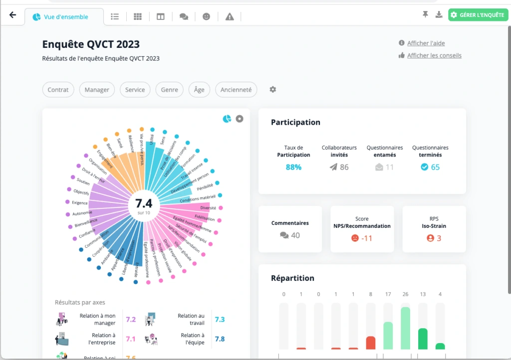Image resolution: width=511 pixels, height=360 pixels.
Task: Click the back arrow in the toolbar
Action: click(13, 15)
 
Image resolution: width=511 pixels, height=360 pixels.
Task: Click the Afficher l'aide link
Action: click(426, 43)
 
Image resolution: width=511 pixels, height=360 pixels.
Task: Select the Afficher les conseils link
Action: click(434, 55)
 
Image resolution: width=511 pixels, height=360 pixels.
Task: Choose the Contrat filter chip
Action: click(58, 90)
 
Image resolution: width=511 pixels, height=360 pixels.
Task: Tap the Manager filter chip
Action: click(97, 90)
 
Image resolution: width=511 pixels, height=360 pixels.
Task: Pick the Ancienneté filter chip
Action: click(236, 90)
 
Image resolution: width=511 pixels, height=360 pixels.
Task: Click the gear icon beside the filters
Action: click(273, 90)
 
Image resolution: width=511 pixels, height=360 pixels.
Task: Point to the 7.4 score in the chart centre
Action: click(144, 203)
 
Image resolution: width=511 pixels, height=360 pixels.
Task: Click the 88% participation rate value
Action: click(293, 168)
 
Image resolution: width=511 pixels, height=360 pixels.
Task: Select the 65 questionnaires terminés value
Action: click(430, 168)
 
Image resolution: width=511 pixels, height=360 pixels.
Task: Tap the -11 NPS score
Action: click(362, 238)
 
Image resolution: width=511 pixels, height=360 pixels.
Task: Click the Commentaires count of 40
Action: click(290, 235)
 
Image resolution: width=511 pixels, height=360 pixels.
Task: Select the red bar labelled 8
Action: click(370, 343)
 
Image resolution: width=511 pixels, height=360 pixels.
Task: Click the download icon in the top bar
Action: click(439, 15)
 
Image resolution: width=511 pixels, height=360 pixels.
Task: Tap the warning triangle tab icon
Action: click(230, 16)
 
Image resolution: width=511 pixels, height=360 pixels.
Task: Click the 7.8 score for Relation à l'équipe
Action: click(220, 339)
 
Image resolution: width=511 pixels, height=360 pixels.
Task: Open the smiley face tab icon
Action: click(206, 16)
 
